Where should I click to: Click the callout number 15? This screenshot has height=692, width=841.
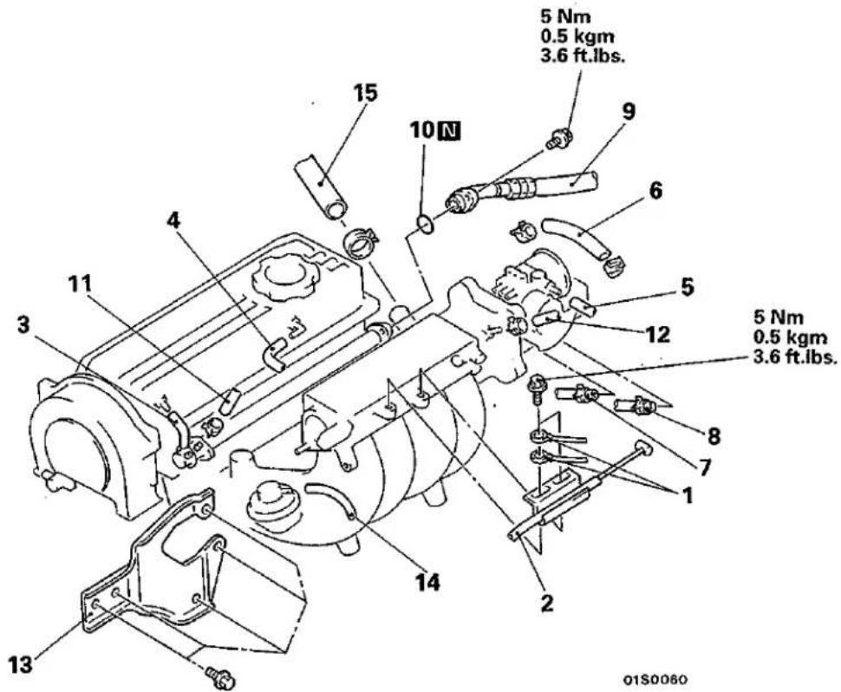click(x=365, y=93)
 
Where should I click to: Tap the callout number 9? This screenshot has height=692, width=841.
click(x=628, y=111)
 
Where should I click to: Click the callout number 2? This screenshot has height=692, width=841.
click(x=546, y=604)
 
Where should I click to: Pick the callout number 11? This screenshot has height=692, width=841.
click(x=80, y=284)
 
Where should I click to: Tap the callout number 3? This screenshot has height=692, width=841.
click(x=24, y=325)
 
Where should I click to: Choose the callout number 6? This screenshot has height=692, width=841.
click(x=655, y=192)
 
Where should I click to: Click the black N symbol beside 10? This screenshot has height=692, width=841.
click(x=449, y=130)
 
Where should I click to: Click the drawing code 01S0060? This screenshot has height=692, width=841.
click(x=655, y=679)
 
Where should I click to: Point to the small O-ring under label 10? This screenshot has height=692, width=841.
click(x=426, y=224)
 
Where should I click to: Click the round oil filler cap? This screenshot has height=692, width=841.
click(x=280, y=279)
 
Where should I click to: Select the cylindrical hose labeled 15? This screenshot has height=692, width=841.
click(x=321, y=186)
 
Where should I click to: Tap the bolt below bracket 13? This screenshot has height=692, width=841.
click(x=219, y=676)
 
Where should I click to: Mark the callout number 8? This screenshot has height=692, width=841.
click(x=713, y=435)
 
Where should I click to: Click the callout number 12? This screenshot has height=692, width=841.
click(x=659, y=334)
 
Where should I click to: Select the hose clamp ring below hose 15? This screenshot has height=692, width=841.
click(x=361, y=243)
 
